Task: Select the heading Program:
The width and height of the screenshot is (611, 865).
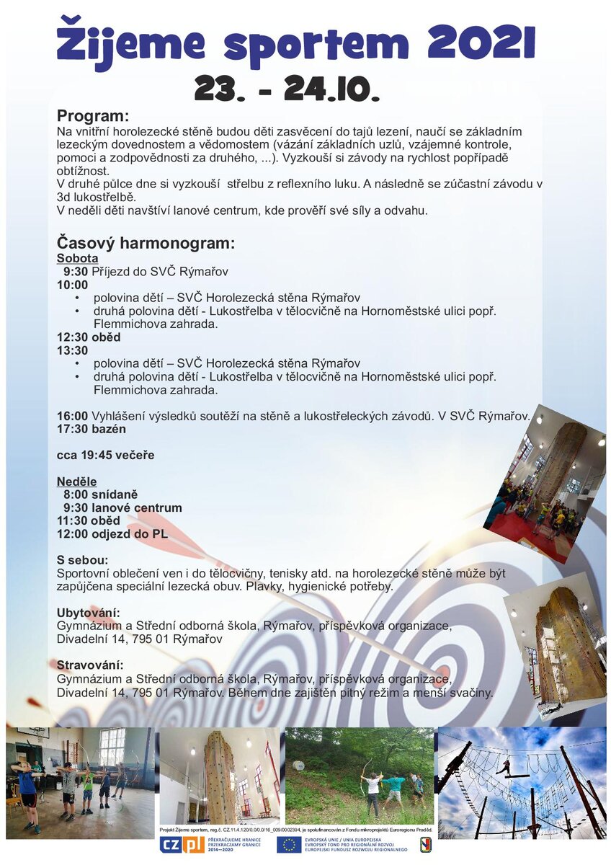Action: coord(93,116)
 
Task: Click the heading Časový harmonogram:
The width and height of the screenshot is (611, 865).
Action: coord(146,243)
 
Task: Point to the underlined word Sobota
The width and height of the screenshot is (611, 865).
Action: coord(78,258)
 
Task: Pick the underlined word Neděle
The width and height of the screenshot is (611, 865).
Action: coord(76,481)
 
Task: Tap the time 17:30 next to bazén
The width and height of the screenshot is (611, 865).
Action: coord(72,429)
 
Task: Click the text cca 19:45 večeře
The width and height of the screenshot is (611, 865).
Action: coord(105,455)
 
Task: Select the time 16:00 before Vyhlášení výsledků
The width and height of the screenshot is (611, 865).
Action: coord(72,416)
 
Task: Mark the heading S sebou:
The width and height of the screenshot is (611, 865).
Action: coord(83,559)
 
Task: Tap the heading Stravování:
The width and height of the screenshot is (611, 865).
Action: coord(90,665)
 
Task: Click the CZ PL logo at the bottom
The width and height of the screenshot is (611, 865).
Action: coord(182,844)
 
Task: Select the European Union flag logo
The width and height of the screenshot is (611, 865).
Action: coord(289,844)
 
